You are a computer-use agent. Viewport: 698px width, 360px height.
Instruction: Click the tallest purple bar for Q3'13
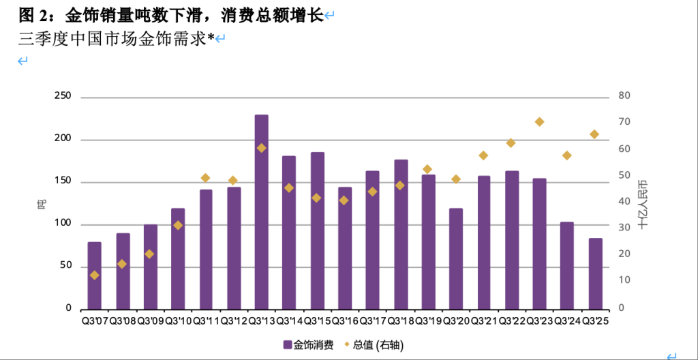[x=261, y=211]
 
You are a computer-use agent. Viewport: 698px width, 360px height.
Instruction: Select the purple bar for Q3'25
[x=595, y=273]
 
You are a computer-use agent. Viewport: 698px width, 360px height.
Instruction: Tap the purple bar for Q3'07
[x=94, y=275]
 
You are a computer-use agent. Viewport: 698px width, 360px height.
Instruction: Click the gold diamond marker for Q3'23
[x=539, y=122]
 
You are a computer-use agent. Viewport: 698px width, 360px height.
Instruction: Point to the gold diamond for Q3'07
[x=94, y=275]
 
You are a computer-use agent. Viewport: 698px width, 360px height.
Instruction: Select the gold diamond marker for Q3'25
[x=594, y=134]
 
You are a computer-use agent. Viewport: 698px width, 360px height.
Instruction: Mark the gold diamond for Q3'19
[x=427, y=169]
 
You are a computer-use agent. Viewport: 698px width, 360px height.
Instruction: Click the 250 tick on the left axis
[x=63, y=97]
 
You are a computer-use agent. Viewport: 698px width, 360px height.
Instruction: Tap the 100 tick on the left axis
[x=63, y=224]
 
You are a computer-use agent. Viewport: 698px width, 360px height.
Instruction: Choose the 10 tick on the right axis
[x=624, y=281]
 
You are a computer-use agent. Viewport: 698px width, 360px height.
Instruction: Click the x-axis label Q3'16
[x=344, y=320]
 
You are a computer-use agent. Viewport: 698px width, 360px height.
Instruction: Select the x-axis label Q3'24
[x=567, y=320]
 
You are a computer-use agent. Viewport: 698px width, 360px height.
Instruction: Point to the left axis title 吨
[x=42, y=202]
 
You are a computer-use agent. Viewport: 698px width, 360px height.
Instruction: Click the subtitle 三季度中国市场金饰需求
[x=112, y=39]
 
